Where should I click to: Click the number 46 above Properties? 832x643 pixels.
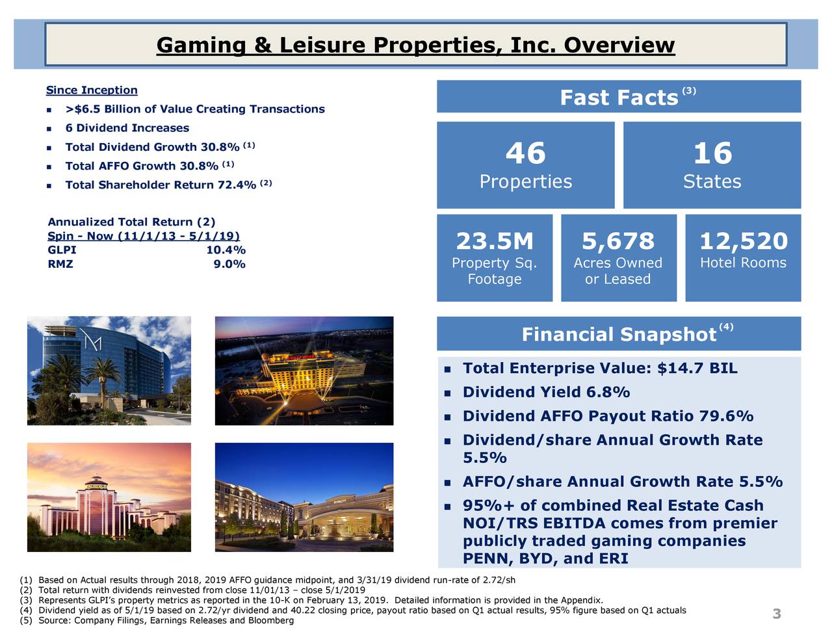(525, 153)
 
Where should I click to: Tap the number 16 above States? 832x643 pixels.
(712, 153)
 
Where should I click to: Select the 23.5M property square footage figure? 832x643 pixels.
(494, 241)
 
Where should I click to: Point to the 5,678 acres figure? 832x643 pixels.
(617, 241)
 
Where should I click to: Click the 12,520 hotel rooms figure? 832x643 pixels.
(743, 241)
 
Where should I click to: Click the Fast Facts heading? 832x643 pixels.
(619, 98)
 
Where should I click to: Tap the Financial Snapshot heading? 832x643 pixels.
(619, 335)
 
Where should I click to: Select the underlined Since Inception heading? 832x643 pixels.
(92, 90)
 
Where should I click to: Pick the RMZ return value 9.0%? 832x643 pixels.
(229, 264)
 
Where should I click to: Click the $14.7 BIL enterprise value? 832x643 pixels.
(697, 369)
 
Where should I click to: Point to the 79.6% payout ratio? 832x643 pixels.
(726, 416)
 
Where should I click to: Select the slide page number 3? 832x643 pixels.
(776, 614)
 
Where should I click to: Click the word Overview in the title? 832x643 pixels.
(619, 46)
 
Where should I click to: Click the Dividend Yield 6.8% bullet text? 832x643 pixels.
(546, 393)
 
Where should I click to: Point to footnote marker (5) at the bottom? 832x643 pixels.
(26, 621)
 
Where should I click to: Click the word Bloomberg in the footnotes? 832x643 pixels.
(273, 621)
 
